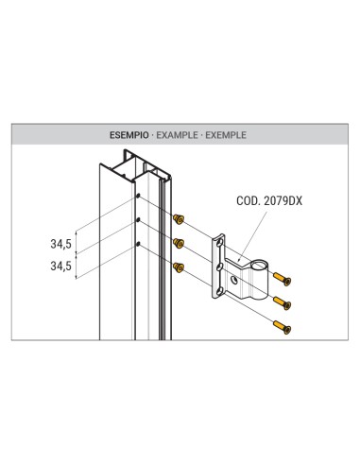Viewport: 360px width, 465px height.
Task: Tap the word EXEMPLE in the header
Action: pyautogui.click(x=228, y=135)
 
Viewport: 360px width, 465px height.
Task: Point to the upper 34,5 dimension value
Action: pyautogui.click(x=61, y=243)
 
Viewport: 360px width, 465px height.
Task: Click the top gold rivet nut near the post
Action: pyautogui.click(x=177, y=219)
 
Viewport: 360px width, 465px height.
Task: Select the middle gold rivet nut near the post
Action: pyautogui.click(x=177, y=242)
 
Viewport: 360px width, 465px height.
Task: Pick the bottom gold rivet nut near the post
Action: pyautogui.click(x=177, y=266)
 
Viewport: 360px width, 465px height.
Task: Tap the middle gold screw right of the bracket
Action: pyautogui.click(x=283, y=303)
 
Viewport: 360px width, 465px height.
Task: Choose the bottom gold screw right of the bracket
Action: pyautogui.click(x=283, y=327)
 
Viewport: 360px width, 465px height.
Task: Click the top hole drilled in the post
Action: pyautogui.click(x=139, y=197)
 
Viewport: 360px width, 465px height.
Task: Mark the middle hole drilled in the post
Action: pyautogui.click(x=139, y=220)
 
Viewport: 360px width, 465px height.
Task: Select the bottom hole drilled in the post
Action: pyautogui.click(x=139, y=244)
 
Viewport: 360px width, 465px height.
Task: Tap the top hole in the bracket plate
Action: pyautogui.click(x=219, y=245)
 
